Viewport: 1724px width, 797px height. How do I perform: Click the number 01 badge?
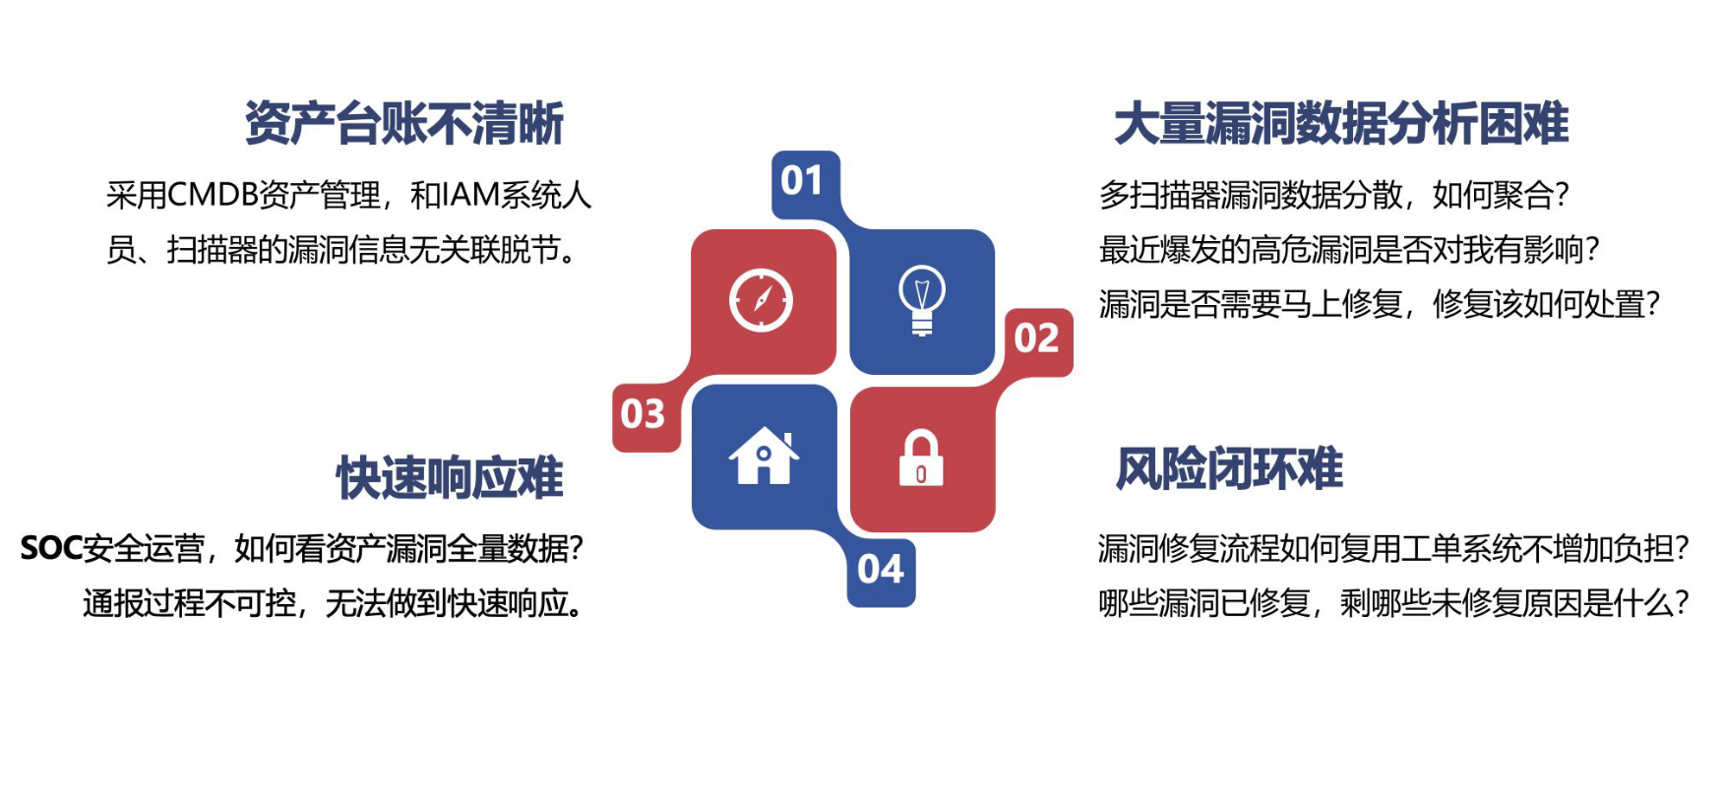click(x=802, y=181)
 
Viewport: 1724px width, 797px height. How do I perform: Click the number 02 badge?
click(x=1036, y=338)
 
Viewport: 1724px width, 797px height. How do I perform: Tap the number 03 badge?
click(x=644, y=414)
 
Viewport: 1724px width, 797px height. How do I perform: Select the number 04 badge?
click(x=881, y=570)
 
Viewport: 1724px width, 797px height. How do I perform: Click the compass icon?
click(x=761, y=300)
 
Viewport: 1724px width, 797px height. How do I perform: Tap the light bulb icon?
click(x=922, y=300)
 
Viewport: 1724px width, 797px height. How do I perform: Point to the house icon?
click(x=764, y=457)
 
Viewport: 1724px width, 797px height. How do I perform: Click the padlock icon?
click(x=921, y=459)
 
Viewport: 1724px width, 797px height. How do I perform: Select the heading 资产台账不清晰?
click(x=404, y=124)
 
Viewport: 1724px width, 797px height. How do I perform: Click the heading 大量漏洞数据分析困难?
click(x=1341, y=124)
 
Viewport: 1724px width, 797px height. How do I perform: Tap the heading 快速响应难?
click(x=451, y=478)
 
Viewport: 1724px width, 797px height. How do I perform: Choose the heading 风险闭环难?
click(x=1230, y=468)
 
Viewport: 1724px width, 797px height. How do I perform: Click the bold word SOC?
click(x=51, y=548)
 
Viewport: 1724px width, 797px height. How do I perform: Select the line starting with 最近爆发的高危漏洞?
click(x=1349, y=250)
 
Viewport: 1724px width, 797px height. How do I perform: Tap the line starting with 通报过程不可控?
click(x=335, y=603)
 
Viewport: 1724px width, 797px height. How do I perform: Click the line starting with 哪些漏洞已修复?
click(x=1393, y=603)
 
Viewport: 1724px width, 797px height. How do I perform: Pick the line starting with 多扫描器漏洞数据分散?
click(x=1334, y=195)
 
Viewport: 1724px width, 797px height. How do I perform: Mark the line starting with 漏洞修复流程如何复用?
click(x=1393, y=548)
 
